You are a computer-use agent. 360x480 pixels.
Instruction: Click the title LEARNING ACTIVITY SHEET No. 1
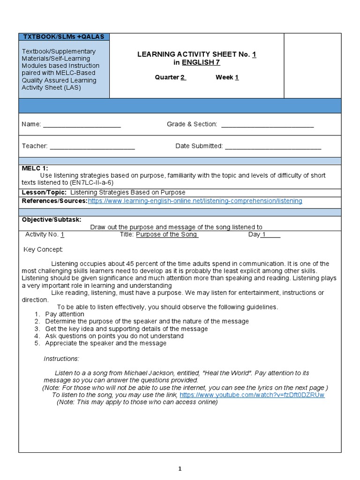[x=196, y=54]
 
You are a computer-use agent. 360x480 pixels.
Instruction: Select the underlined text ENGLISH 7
[x=201, y=62]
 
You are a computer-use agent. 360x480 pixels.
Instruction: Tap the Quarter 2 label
[x=171, y=77]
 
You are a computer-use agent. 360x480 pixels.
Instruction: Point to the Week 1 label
[x=227, y=77]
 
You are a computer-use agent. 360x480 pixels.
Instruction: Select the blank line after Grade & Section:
[x=267, y=125]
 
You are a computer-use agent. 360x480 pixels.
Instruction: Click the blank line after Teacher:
[x=92, y=146]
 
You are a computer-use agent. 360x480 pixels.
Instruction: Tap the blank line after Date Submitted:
[x=273, y=146]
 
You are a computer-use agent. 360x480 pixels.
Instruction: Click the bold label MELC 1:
[x=35, y=168]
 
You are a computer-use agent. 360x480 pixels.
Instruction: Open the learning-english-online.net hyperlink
[x=195, y=201]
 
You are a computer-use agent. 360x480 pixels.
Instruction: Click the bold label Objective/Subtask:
[x=52, y=220]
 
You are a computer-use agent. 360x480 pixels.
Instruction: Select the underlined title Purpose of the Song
[x=167, y=235]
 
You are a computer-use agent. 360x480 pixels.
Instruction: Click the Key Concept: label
[x=43, y=249]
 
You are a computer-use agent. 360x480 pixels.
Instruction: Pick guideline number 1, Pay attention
[x=64, y=314]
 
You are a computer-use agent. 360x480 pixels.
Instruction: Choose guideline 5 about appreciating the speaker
[x=105, y=343]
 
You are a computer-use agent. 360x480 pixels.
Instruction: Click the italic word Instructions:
[x=61, y=359]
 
